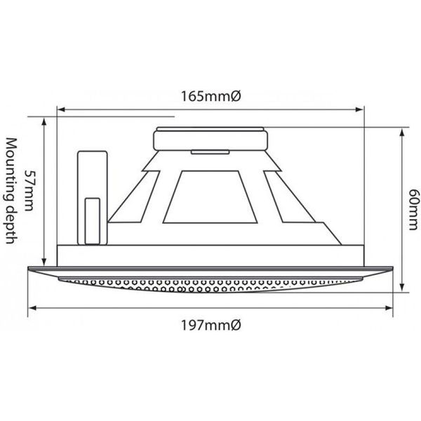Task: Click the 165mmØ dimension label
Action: (x=211, y=96)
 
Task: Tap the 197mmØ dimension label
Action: (x=211, y=326)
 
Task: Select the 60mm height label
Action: (x=414, y=210)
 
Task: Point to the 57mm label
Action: (x=29, y=190)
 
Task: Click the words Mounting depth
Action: (x=11, y=191)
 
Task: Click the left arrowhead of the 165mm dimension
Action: (x=62, y=109)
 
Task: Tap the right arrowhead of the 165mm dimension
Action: (x=359, y=109)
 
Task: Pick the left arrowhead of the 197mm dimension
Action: (x=32, y=308)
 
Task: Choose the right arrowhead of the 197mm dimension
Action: (x=389, y=308)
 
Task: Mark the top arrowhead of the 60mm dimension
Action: (x=402, y=133)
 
